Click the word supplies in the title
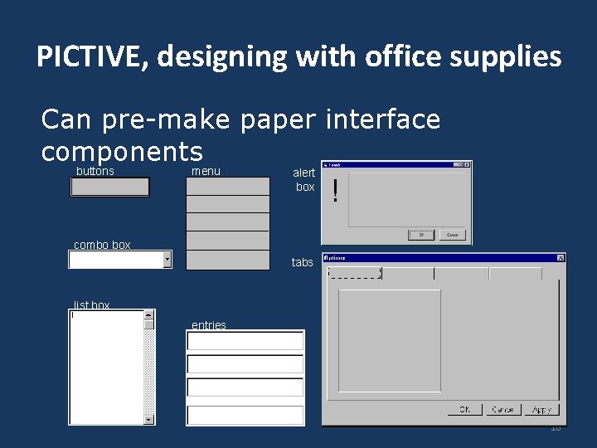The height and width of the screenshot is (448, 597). pyautogui.click(x=511, y=56)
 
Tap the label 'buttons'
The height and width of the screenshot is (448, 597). pyautogui.click(x=95, y=172)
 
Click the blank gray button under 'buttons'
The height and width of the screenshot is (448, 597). pyautogui.click(x=110, y=187)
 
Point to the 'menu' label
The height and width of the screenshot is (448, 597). pyautogui.click(x=206, y=172)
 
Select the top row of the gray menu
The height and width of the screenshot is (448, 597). pyautogui.click(x=227, y=186)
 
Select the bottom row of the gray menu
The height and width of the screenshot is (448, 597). pyautogui.click(x=227, y=261)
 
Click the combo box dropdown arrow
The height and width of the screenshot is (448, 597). pyautogui.click(x=167, y=260)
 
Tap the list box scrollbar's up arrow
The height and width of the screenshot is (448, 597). pyautogui.click(x=149, y=314)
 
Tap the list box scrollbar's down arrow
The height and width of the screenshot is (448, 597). pyautogui.click(x=149, y=420)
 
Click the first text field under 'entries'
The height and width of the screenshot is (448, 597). pyautogui.click(x=245, y=341)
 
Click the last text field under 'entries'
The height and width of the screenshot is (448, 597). pyautogui.click(x=245, y=414)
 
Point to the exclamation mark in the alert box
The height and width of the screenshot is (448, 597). pyautogui.click(x=335, y=192)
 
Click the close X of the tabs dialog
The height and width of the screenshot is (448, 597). pyautogui.click(x=561, y=258)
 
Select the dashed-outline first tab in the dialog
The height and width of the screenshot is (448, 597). pyautogui.click(x=355, y=273)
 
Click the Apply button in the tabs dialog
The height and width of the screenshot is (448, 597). pyautogui.click(x=541, y=410)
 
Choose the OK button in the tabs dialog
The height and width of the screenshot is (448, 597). pyautogui.click(x=464, y=410)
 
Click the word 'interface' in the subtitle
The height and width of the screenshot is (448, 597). pyautogui.click(x=383, y=120)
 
